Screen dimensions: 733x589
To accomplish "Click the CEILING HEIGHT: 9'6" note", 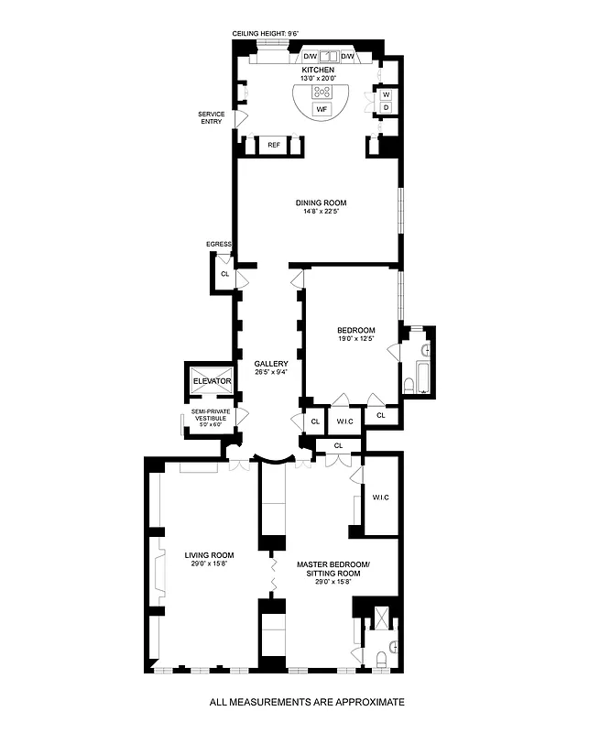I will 267,33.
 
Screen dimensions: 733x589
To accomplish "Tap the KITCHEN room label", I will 319,70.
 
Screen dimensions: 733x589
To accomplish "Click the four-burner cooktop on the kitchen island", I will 322,92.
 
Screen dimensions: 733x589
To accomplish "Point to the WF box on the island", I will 322,110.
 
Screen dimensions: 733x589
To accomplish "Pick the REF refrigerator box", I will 274,145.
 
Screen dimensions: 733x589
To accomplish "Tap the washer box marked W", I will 386,94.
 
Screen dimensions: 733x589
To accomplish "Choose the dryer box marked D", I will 386,108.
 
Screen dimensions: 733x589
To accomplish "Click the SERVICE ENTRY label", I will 211,118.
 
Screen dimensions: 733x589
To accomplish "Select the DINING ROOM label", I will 321,202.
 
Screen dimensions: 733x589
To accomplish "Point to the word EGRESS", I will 220,245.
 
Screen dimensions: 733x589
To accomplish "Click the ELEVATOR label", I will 211,381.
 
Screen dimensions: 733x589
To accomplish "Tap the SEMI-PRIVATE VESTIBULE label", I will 210,416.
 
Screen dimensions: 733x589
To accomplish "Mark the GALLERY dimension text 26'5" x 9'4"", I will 271,372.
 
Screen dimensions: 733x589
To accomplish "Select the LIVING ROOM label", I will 209,554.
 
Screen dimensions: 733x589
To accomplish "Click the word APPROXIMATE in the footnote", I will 359,701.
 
